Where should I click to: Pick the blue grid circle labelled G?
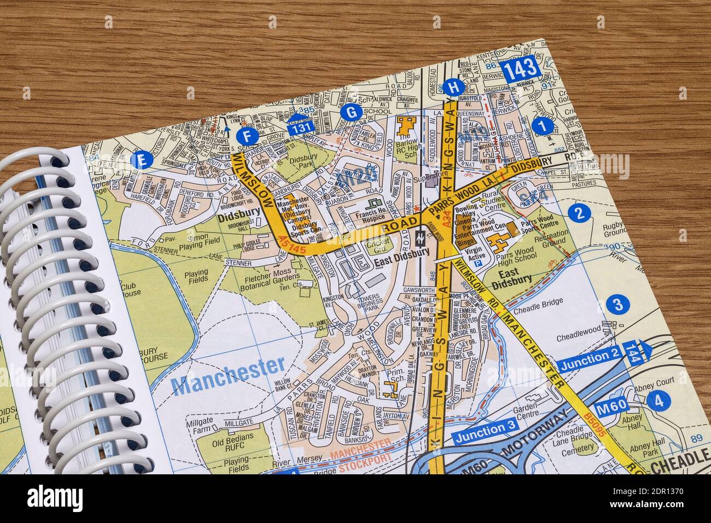click(x=351, y=112)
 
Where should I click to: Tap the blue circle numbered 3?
click(x=617, y=305)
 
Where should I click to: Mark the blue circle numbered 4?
click(x=658, y=401)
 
